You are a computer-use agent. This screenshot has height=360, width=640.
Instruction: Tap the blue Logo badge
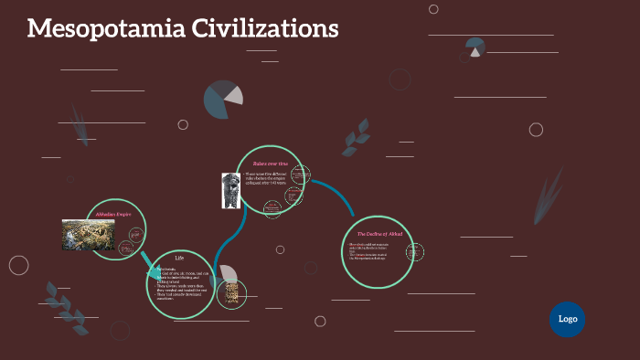coord(567,319)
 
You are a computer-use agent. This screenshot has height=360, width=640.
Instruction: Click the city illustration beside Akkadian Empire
coord(88,235)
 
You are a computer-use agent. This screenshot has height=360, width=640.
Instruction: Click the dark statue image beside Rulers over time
coord(229,189)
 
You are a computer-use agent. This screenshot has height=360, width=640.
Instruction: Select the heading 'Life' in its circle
coord(180,258)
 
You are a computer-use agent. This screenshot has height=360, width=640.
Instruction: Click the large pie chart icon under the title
coord(223,100)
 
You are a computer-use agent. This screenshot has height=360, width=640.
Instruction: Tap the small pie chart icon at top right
coord(475,47)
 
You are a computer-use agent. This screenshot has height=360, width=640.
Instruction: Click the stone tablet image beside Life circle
coord(232,293)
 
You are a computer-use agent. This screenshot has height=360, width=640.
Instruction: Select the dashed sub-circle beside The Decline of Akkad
coord(414,253)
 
